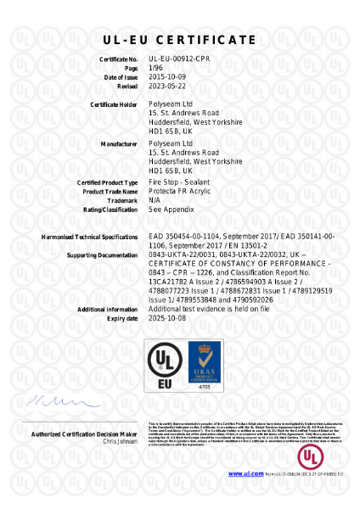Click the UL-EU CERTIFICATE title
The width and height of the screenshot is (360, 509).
coord(179,40)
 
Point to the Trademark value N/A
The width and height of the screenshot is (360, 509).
coord(155,200)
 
